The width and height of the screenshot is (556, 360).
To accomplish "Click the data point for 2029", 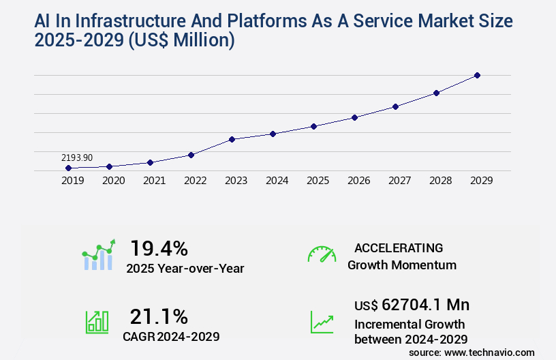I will click(x=477, y=75).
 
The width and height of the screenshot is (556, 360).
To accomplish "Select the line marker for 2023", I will click(x=232, y=139).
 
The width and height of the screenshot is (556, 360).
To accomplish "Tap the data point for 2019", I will click(x=68, y=168).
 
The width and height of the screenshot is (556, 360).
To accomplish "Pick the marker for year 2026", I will click(x=354, y=117).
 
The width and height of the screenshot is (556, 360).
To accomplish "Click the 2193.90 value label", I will click(x=76, y=157).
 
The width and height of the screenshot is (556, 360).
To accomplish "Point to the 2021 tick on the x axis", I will click(x=154, y=181).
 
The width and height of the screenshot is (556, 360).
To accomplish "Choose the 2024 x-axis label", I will click(x=277, y=181).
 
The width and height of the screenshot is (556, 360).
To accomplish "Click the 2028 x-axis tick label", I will click(x=440, y=181).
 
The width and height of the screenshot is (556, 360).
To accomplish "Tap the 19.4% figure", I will click(x=159, y=247).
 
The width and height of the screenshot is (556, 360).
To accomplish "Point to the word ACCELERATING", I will click(x=399, y=247).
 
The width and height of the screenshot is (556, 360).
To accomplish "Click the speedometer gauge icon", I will click(x=322, y=254).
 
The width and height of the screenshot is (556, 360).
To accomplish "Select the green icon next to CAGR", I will click(x=96, y=321).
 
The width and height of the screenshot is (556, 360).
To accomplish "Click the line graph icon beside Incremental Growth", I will click(x=322, y=321).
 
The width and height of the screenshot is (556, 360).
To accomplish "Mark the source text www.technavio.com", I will click(x=489, y=352).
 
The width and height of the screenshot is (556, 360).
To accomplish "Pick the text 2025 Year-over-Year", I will click(x=185, y=268).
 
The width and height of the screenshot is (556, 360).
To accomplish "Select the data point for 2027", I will click(x=395, y=106).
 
